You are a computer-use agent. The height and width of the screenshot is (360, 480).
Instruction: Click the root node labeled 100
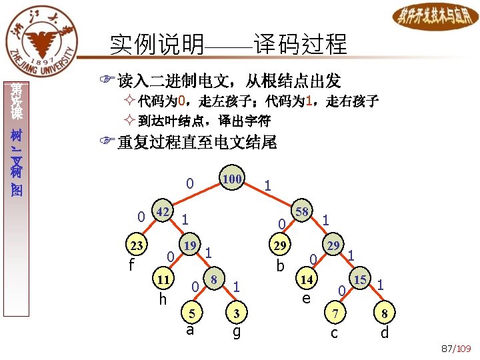tap(232, 179)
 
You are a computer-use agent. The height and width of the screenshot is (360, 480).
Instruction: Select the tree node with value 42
tap(162, 212)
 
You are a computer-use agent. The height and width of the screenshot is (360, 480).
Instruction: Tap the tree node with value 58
tap(301, 213)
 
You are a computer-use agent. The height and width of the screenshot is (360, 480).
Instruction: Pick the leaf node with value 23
tap(137, 245)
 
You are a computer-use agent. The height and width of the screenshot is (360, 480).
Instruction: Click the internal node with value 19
tap(190, 245)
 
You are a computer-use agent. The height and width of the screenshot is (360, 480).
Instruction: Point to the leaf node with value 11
tap(162, 277)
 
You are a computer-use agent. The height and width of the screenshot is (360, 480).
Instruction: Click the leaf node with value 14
tap(306, 277)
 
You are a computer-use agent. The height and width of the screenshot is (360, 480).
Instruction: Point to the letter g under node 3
tap(236, 331)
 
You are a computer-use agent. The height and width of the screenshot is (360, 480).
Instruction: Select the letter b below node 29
tap(280, 266)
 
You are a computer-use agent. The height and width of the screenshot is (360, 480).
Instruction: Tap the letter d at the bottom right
tap(384, 332)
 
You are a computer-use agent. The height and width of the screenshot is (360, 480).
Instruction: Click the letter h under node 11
tap(162, 299)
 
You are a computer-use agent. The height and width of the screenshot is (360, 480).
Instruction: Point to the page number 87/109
tap(456, 349)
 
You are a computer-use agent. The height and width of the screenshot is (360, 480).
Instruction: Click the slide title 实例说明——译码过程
tap(229, 45)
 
